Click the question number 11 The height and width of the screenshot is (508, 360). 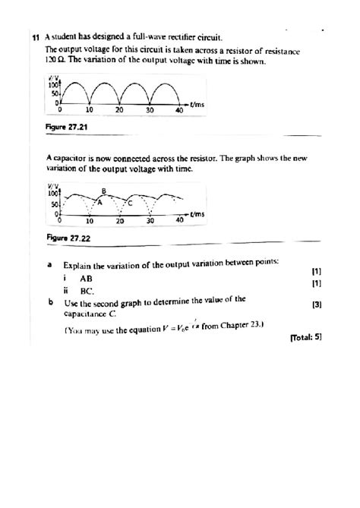coord(36,36)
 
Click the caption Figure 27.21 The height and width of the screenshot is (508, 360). coord(66,128)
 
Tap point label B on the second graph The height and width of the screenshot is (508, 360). coord(104,190)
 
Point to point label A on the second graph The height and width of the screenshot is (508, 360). coord(99,202)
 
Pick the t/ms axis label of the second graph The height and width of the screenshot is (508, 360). coord(200,215)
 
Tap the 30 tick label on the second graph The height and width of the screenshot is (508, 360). coord(150,222)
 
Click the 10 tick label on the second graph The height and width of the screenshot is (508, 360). coord(89,222)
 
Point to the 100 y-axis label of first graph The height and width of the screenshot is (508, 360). coord(54,85)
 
